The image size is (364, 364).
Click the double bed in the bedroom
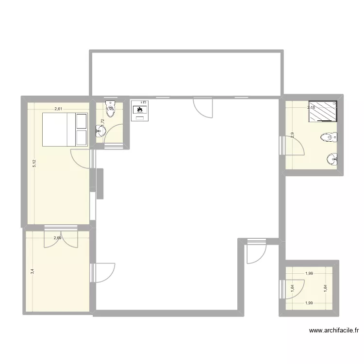point(65,129)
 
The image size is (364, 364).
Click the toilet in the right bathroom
point(330,138)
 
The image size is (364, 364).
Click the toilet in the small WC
point(111,108)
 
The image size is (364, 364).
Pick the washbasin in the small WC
point(100,131)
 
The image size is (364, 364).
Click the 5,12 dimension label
point(34,164)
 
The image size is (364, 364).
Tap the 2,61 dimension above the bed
point(58,109)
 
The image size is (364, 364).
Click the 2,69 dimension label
point(58,238)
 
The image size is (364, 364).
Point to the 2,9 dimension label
point(292,135)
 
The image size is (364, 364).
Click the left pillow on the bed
point(81,121)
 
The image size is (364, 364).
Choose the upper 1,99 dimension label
point(309,274)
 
